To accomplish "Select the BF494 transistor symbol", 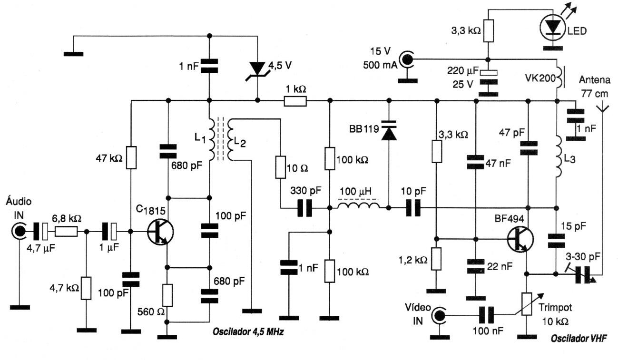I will (x=520, y=239).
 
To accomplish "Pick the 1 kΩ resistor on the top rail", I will (x=295, y=101).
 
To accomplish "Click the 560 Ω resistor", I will (x=167, y=295).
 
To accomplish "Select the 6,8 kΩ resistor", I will (x=66, y=232).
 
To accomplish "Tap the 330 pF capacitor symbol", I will (x=304, y=208).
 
